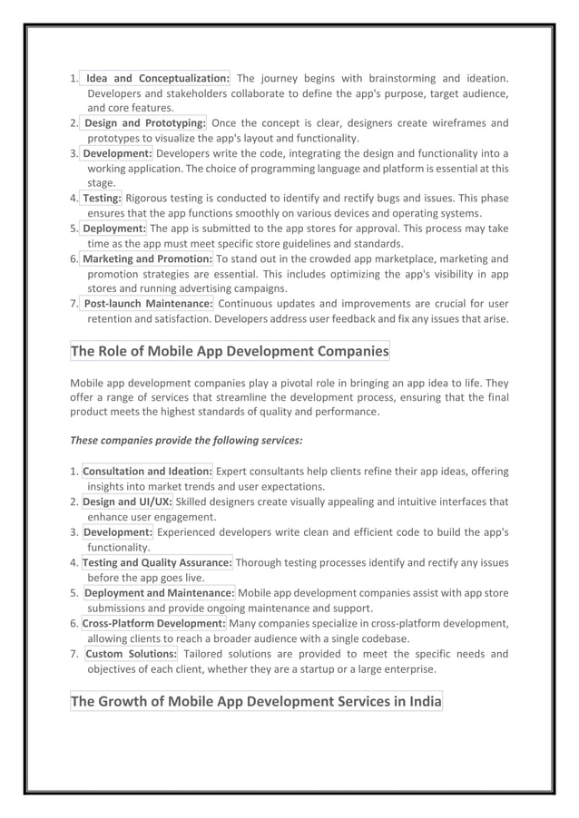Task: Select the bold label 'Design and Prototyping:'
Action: click(x=145, y=123)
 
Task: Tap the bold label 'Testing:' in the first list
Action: click(x=102, y=199)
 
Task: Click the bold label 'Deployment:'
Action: click(x=114, y=229)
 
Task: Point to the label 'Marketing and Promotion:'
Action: click(x=147, y=259)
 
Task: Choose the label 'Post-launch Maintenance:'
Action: click(x=149, y=304)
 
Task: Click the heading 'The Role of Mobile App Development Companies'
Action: click(x=230, y=351)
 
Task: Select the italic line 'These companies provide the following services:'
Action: click(x=186, y=440)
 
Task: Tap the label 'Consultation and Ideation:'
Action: click(x=148, y=472)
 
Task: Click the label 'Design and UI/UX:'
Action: click(x=127, y=502)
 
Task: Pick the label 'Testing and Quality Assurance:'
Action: click(x=157, y=563)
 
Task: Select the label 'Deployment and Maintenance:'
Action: click(x=159, y=593)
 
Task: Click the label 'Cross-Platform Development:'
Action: click(x=153, y=624)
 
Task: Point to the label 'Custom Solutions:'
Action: click(x=131, y=654)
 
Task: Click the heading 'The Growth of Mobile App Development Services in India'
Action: click(x=256, y=701)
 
